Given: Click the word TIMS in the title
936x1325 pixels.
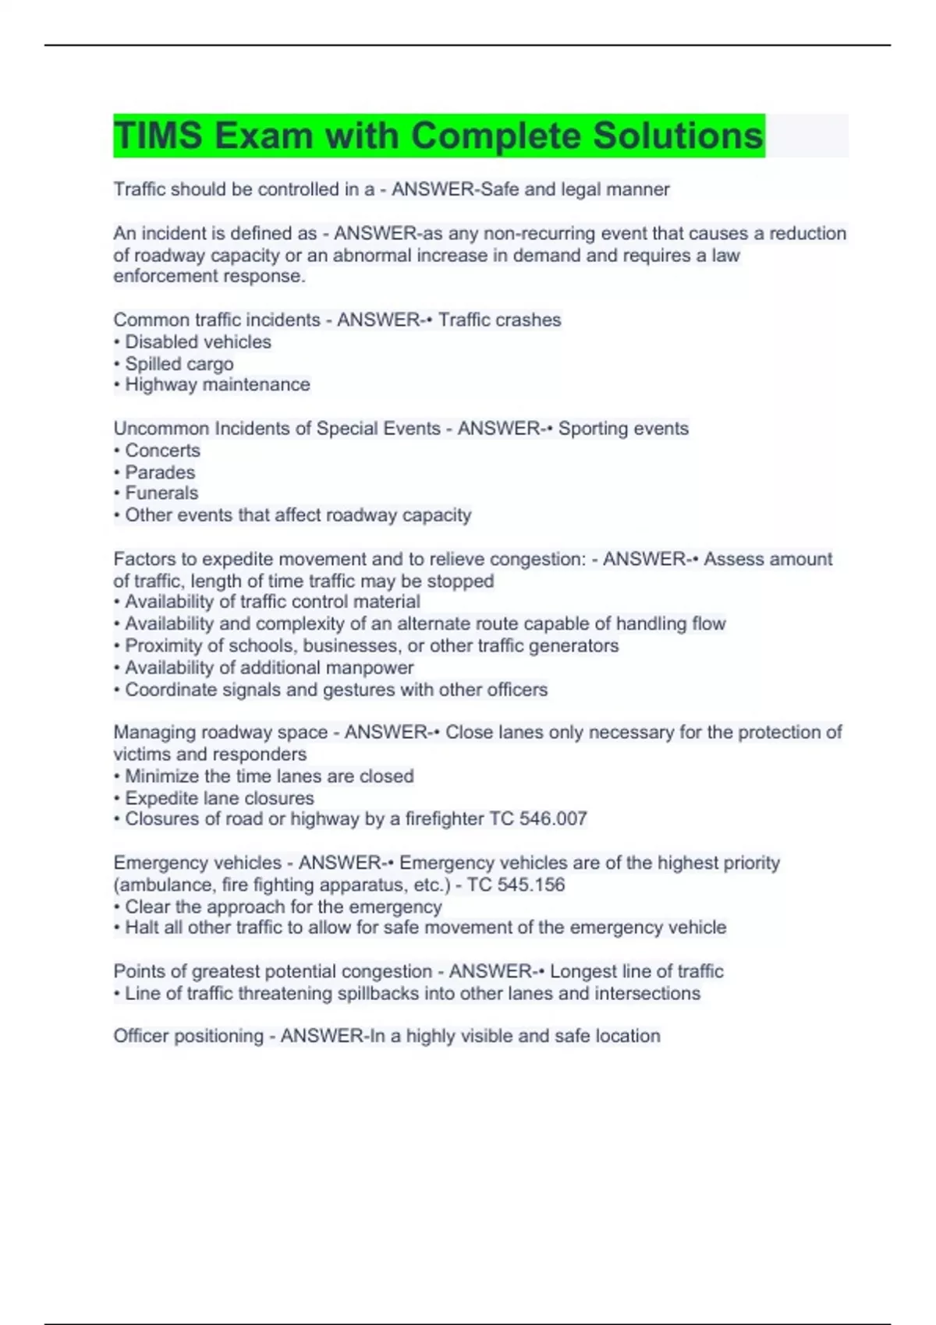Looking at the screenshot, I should coord(158,136).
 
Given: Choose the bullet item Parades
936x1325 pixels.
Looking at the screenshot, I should coord(160,472).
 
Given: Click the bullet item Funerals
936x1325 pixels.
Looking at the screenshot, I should coord(161,493).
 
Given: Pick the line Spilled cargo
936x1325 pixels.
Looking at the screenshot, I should coord(179,364).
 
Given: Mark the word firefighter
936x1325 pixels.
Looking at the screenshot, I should coord(445,819).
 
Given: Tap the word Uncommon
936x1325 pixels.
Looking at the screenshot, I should coord(161,429).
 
